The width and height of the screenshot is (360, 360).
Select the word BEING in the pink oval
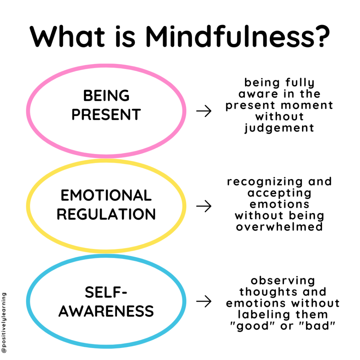click(x=106, y=96)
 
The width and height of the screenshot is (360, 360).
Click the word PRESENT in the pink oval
click(x=106, y=114)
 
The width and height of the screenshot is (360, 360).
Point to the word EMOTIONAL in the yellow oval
click(x=106, y=195)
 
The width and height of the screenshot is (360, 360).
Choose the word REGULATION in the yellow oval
click(x=106, y=214)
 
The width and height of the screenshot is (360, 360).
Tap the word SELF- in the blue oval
click(x=106, y=292)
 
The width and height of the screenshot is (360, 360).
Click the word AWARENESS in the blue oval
click(x=106, y=311)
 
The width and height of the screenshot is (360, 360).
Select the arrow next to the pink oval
click(x=204, y=111)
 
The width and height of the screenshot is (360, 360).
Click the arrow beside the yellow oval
click(x=204, y=206)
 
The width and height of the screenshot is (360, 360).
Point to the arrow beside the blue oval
click(x=204, y=301)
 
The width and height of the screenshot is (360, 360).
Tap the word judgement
click(x=279, y=128)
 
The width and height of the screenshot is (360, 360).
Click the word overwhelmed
click(x=279, y=227)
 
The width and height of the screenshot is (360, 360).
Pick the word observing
click(x=283, y=281)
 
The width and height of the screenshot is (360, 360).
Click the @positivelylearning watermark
click(x=4, y=323)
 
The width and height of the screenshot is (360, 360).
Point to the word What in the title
click(x=67, y=36)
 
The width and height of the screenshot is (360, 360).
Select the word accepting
click(x=279, y=193)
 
